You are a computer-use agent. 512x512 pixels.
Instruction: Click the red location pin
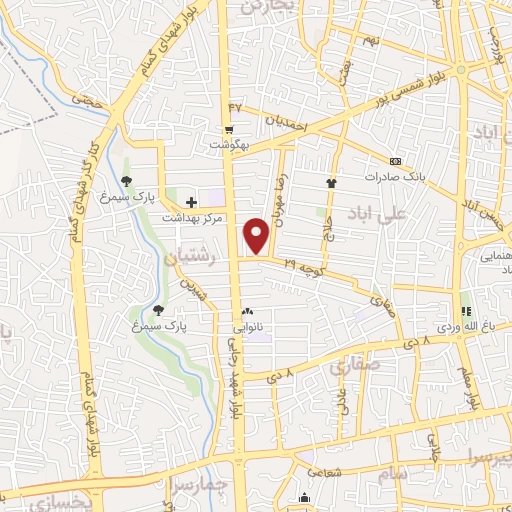click(x=258, y=235)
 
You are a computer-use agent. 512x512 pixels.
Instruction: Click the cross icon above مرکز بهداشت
click(x=191, y=202)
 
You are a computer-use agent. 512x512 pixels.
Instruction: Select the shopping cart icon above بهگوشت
click(x=229, y=130)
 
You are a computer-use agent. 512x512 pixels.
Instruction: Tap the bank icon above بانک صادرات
click(x=395, y=161)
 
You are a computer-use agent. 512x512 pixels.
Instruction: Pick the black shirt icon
click(x=332, y=183)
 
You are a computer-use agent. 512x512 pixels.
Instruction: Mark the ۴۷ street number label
click(x=236, y=105)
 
